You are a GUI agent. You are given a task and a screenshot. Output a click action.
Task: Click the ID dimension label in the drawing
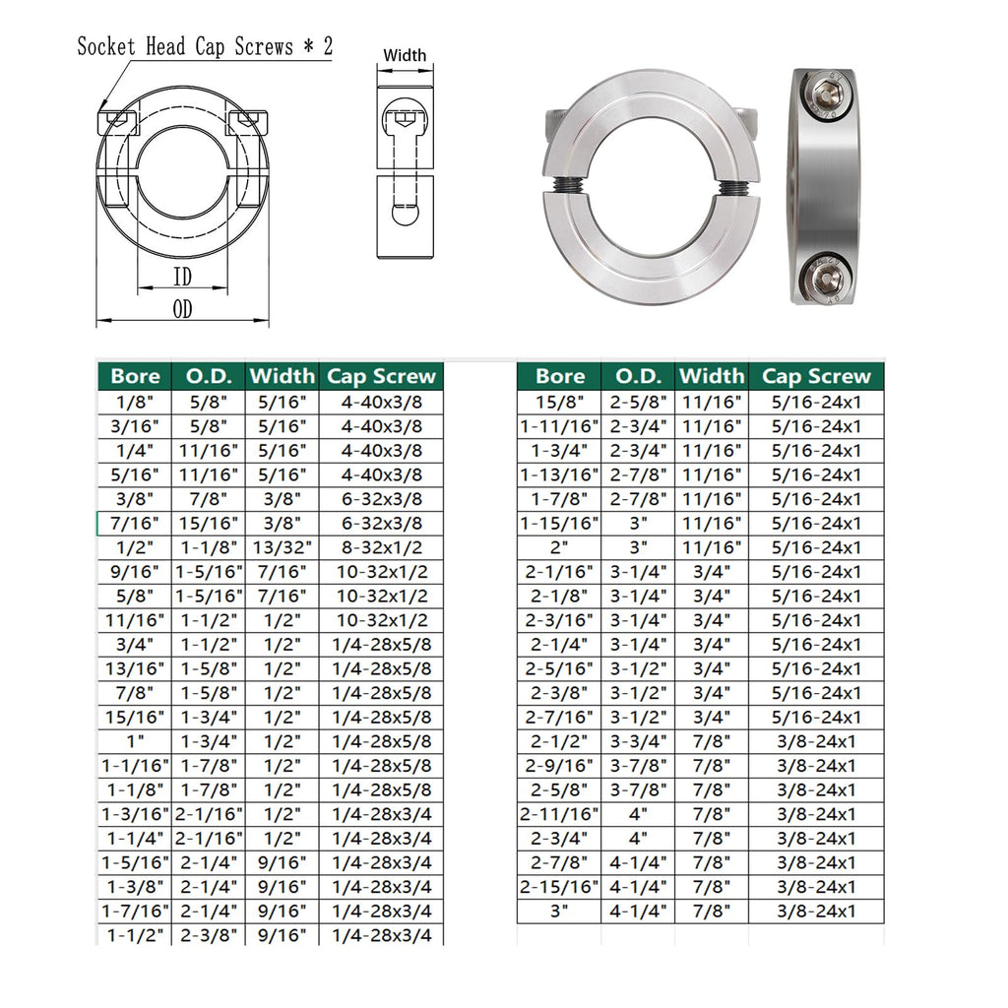(x=182, y=277)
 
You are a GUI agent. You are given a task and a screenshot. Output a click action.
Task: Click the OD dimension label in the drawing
(x=182, y=309)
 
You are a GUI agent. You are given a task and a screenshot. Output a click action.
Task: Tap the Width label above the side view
(x=405, y=55)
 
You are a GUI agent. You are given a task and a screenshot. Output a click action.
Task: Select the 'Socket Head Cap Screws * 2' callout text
(x=205, y=46)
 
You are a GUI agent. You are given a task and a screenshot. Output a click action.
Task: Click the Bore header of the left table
(x=135, y=376)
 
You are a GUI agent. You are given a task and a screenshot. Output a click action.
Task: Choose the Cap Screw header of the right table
(x=816, y=376)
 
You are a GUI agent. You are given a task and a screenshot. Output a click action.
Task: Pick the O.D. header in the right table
(x=638, y=376)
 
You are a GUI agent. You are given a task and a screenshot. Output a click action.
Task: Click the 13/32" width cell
(x=283, y=547)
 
